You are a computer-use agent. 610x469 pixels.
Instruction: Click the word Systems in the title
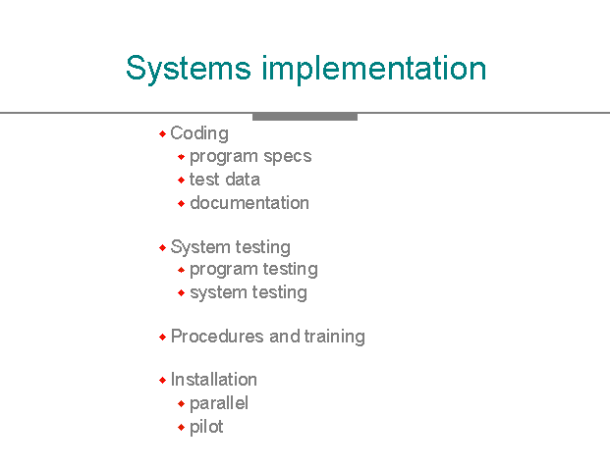point(189,69)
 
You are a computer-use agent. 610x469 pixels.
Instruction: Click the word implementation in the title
point(374,69)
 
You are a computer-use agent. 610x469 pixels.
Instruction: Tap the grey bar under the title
point(305,117)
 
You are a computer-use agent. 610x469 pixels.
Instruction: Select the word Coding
point(199,134)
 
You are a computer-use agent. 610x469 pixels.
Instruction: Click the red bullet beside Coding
point(163,134)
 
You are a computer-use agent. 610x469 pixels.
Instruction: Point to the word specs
point(288,157)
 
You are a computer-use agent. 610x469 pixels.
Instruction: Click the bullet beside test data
point(181,180)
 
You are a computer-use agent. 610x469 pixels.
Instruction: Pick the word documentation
point(250,203)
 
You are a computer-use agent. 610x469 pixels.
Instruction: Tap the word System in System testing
point(200,247)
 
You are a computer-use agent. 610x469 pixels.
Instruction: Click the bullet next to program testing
point(181,270)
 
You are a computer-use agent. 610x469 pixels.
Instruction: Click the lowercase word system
point(219,293)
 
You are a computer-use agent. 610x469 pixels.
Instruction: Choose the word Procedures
point(217,337)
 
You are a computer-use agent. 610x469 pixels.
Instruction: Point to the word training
point(335,337)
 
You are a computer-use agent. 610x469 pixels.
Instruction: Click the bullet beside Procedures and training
point(163,337)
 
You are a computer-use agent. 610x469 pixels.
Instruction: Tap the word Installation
point(214,380)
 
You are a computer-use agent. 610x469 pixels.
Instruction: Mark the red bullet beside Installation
point(163,380)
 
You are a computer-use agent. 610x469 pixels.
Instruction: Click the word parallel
point(219,403)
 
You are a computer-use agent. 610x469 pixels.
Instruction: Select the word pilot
point(206,427)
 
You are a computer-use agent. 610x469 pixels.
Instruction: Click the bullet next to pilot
point(181,428)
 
